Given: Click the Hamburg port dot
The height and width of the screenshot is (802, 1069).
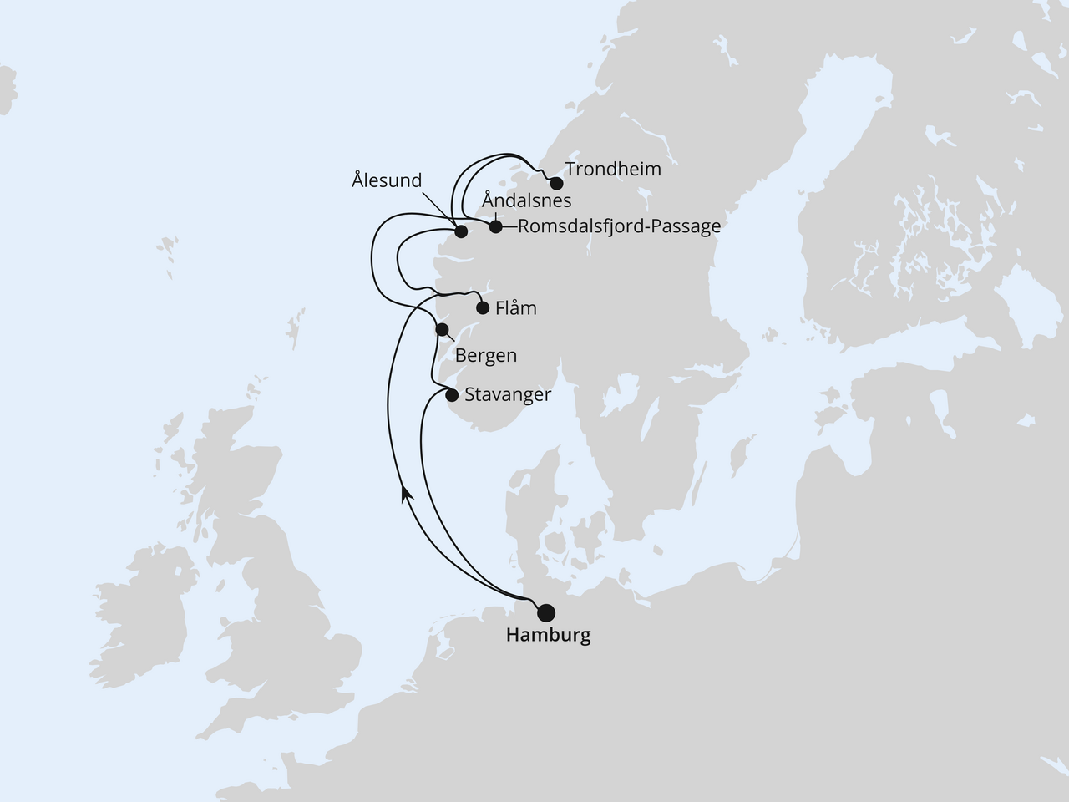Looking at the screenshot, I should (x=545, y=612).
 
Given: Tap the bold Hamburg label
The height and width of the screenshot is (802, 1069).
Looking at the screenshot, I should (x=548, y=636).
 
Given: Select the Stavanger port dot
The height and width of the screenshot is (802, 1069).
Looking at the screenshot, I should (x=452, y=395).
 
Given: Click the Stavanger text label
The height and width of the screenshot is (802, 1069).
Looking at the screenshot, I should (x=508, y=394).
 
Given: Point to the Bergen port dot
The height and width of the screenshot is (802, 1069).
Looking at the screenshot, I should (x=443, y=329).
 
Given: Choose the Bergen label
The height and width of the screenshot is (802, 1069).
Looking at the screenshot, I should (x=486, y=356).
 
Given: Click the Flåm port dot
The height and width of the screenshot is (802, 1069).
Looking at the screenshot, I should (x=482, y=307).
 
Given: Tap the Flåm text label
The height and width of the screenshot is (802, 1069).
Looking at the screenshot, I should (x=515, y=308).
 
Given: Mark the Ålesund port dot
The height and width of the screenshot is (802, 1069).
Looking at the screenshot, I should (x=460, y=232).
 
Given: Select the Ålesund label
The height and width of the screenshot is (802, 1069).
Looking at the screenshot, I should (x=387, y=180).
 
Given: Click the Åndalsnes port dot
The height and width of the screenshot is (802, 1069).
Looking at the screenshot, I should (x=495, y=226).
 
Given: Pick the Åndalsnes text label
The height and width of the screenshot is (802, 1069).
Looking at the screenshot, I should (x=527, y=200).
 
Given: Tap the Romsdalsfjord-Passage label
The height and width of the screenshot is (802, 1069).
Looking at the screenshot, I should (x=619, y=226).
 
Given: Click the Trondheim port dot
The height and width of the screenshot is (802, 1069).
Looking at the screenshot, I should (x=556, y=183).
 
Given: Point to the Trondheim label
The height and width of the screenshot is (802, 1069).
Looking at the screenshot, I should (x=613, y=170).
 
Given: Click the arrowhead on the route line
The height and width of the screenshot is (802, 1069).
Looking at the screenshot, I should (x=407, y=494).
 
